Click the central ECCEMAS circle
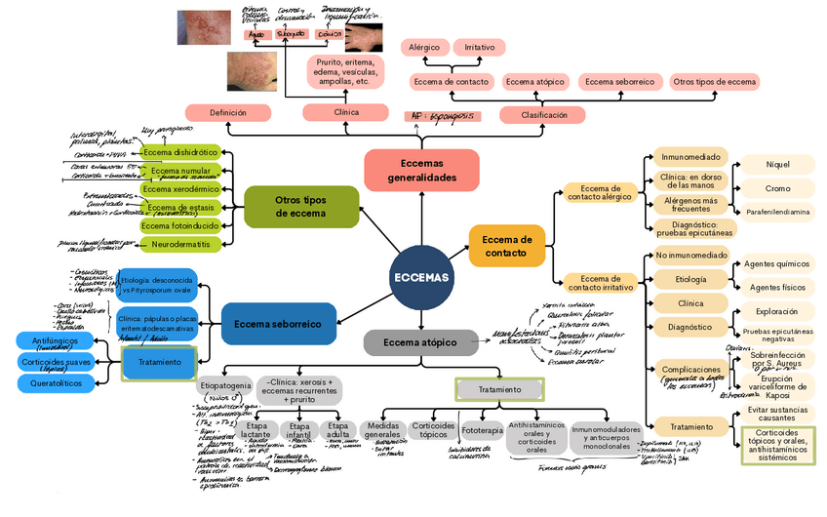click(421, 277)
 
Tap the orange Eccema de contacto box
click(507, 247)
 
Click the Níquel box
click(777, 165)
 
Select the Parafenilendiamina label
click(777, 212)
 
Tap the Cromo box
click(777, 188)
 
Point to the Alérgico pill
click(423, 47)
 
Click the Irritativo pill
click(479, 47)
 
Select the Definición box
click(227, 113)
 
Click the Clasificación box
click(544, 115)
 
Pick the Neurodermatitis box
click(178, 243)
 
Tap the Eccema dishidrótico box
click(180, 153)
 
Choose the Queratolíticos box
click(56, 383)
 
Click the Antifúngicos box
click(56, 340)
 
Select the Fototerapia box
click(482, 429)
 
